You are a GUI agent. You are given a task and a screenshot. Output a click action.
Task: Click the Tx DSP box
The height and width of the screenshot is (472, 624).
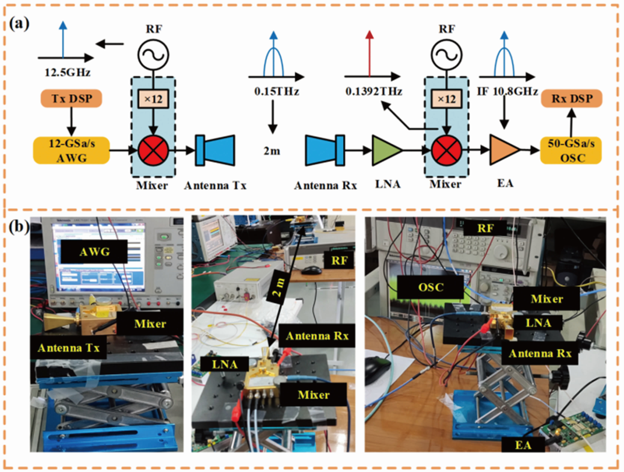[x=71, y=99]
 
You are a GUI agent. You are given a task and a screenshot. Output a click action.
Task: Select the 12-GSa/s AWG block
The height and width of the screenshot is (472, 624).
[x=71, y=151]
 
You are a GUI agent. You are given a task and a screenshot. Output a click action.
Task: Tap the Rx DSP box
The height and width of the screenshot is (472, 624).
[x=572, y=99]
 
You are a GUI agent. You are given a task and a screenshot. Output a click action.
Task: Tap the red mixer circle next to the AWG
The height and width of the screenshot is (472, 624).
[x=153, y=150]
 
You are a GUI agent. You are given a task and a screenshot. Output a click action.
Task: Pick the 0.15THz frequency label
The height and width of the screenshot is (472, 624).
[x=276, y=91]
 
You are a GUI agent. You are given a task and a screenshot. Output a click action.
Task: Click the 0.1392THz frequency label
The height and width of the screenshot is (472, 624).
[x=374, y=91]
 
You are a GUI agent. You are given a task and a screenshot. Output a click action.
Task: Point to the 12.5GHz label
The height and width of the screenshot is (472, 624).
[x=68, y=73]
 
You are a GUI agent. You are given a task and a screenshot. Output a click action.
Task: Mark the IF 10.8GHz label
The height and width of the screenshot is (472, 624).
[x=507, y=91]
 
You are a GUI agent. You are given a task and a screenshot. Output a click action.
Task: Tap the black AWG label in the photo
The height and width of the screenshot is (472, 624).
[x=94, y=251]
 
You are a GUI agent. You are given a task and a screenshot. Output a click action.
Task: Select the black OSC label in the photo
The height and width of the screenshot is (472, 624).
[x=430, y=287]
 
